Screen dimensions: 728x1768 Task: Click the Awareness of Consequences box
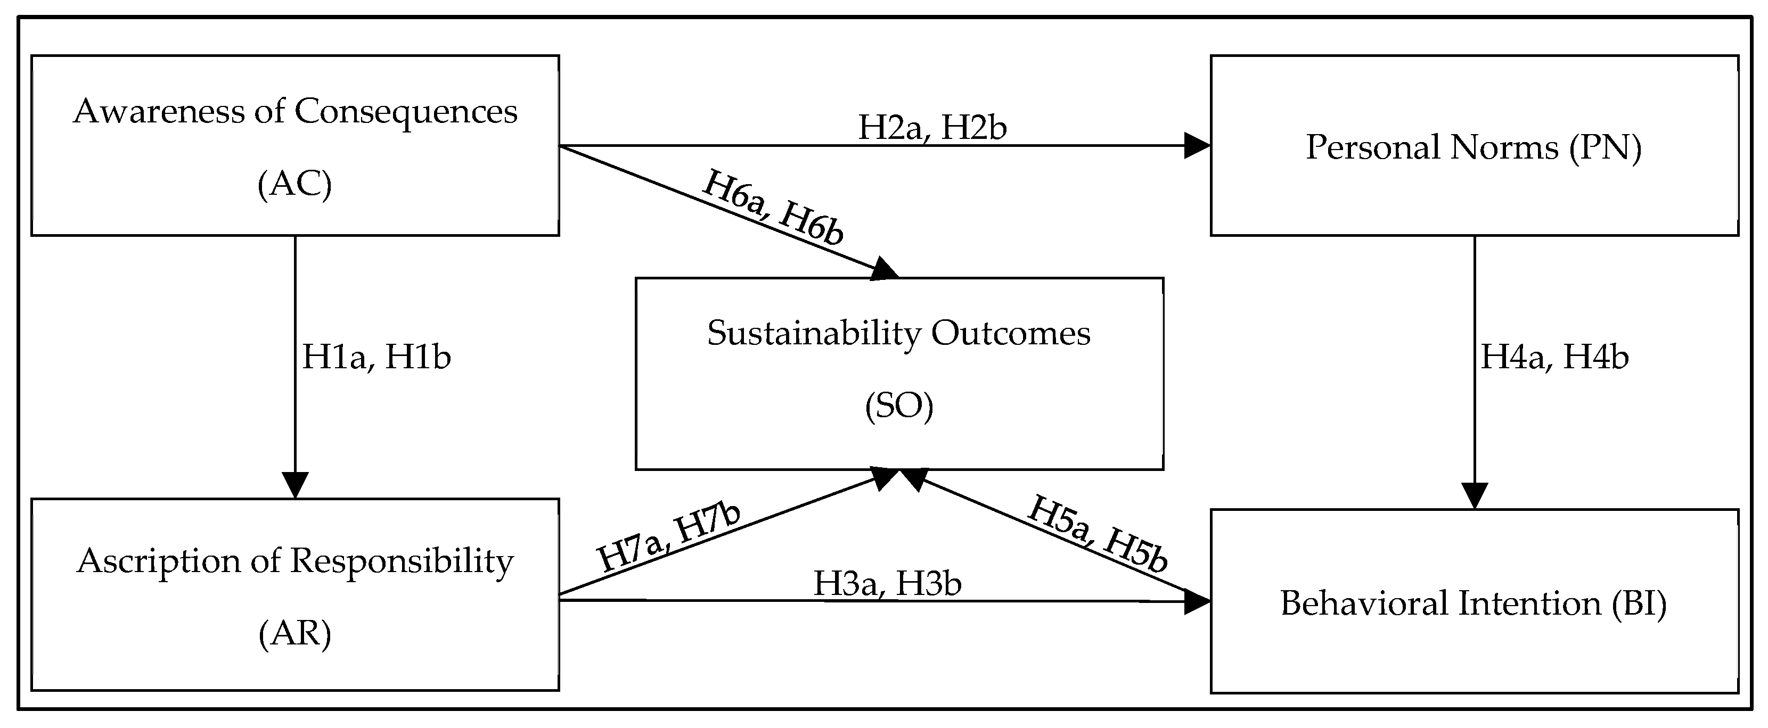(295, 145)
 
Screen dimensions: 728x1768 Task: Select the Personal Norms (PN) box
(1474, 145)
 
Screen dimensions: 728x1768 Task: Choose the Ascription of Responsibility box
(295, 594)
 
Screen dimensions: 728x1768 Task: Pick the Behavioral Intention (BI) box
(1474, 601)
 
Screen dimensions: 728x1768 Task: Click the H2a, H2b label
(932, 128)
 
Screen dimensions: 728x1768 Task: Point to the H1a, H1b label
(376, 357)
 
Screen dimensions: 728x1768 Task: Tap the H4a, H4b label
(1554, 357)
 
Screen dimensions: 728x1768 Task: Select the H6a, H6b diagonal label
(773, 207)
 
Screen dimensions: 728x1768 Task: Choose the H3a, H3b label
(887, 583)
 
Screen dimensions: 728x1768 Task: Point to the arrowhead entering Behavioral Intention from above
(1474, 495)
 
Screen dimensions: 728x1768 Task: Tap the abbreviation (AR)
(295, 633)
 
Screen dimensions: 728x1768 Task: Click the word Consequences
(406, 111)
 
